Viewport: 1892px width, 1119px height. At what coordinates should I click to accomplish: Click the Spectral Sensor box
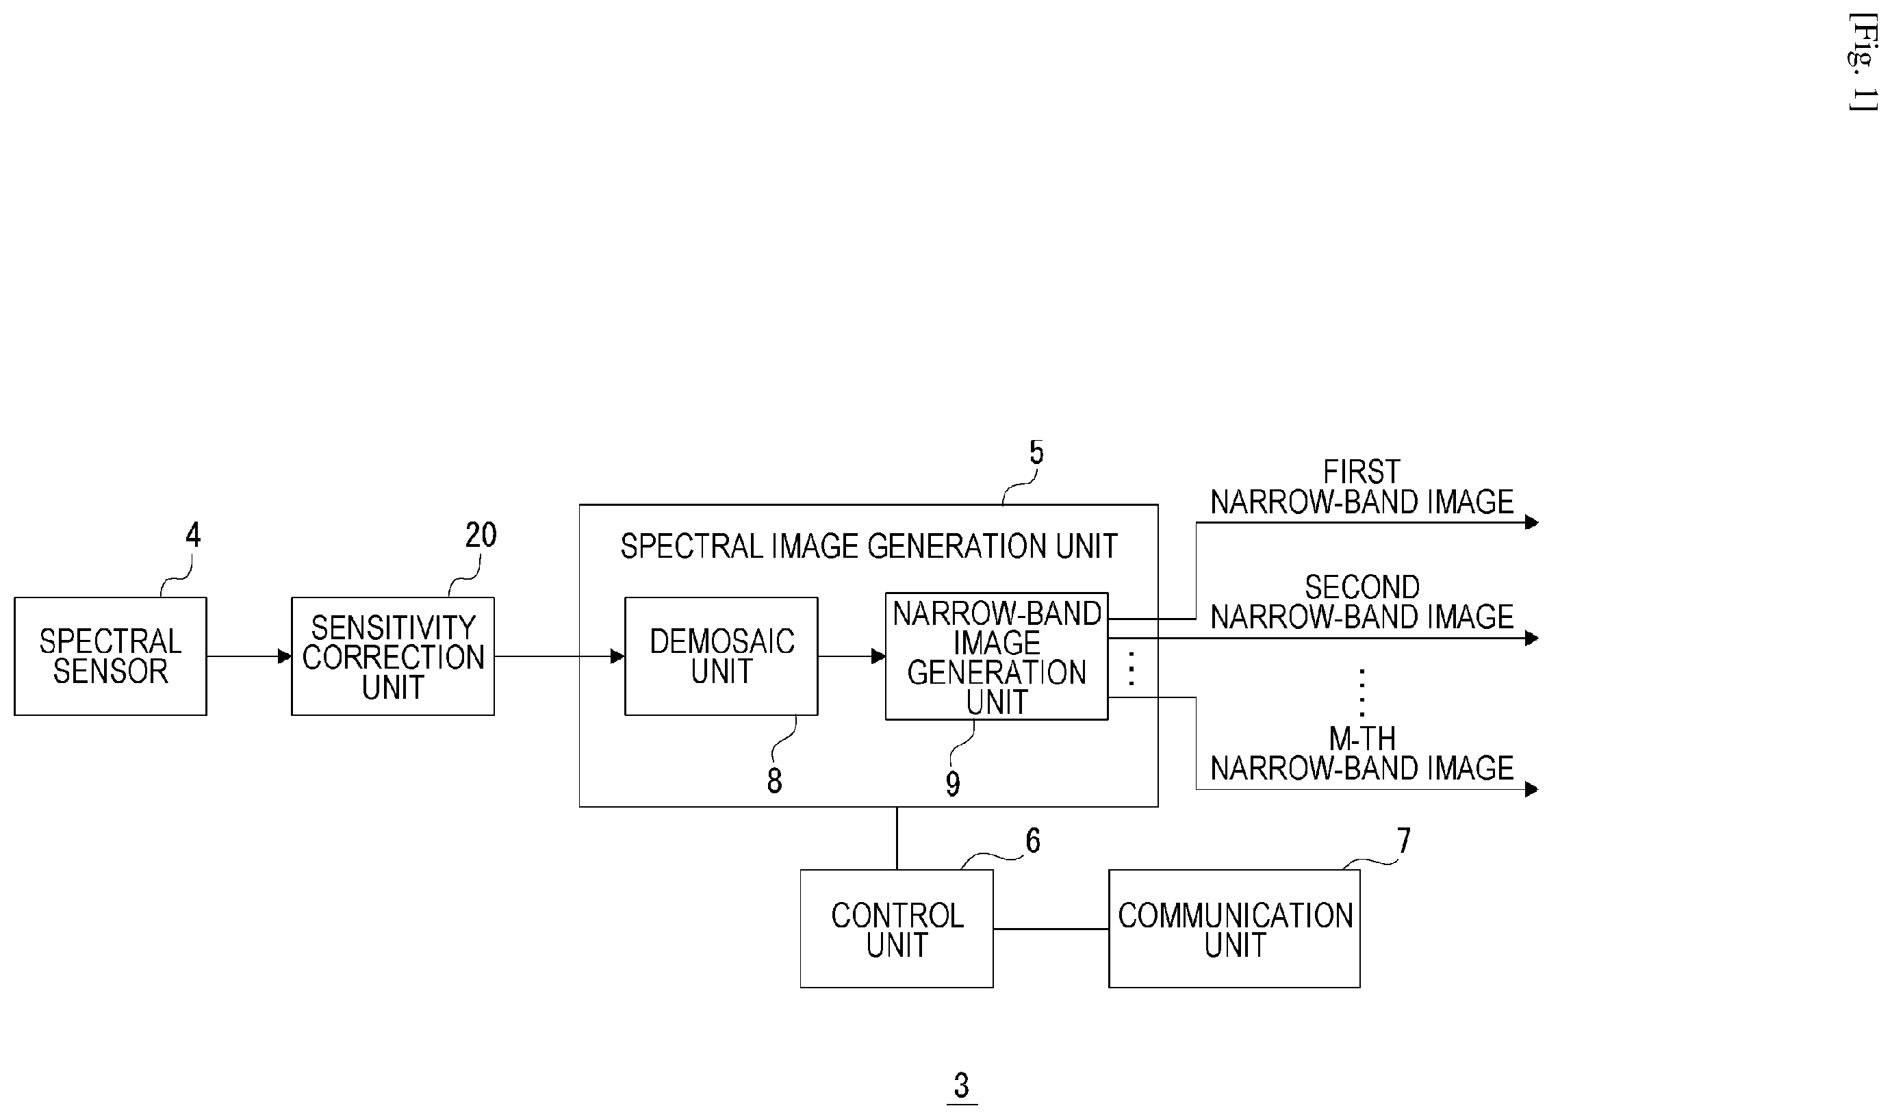click(x=110, y=656)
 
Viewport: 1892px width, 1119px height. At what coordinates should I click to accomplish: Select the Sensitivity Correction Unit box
click(x=393, y=656)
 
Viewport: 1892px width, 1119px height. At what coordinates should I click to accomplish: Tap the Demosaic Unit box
click(x=721, y=656)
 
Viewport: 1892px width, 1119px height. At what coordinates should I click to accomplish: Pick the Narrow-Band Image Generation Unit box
click(x=996, y=656)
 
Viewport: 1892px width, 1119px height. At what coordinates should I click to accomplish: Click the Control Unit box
click(x=897, y=929)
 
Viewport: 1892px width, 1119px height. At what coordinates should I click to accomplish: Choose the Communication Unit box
click(x=1234, y=929)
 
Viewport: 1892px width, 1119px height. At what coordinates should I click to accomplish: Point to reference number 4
click(x=193, y=535)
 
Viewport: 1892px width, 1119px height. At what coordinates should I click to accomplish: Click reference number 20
click(x=481, y=535)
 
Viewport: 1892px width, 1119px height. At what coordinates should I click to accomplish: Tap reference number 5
click(x=1037, y=452)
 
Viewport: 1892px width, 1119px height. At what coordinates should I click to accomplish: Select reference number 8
click(x=774, y=780)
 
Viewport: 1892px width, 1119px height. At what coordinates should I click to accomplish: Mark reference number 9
click(x=953, y=784)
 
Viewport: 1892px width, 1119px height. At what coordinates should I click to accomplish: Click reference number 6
click(x=1033, y=840)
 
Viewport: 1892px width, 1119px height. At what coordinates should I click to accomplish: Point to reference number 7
click(x=1403, y=840)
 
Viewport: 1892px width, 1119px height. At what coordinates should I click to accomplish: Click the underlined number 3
click(x=962, y=1086)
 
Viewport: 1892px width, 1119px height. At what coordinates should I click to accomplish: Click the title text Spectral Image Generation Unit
click(x=869, y=546)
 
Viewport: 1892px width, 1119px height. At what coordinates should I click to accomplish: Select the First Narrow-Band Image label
click(x=1362, y=487)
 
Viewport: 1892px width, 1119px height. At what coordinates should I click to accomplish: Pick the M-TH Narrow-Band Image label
click(x=1362, y=754)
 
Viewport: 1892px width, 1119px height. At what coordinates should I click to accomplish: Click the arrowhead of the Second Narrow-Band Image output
click(x=1531, y=639)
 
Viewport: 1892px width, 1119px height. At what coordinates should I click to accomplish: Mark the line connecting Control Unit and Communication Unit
click(x=1051, y=929)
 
